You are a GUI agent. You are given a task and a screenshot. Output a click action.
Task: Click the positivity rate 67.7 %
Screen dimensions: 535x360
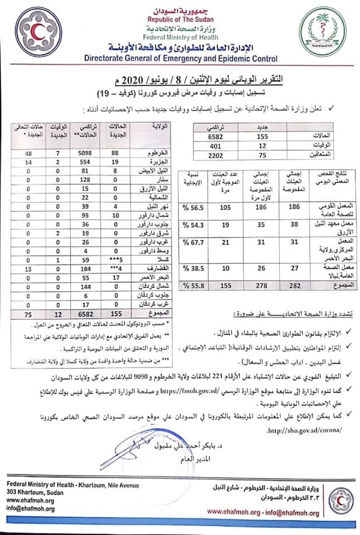coord(193,243)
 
